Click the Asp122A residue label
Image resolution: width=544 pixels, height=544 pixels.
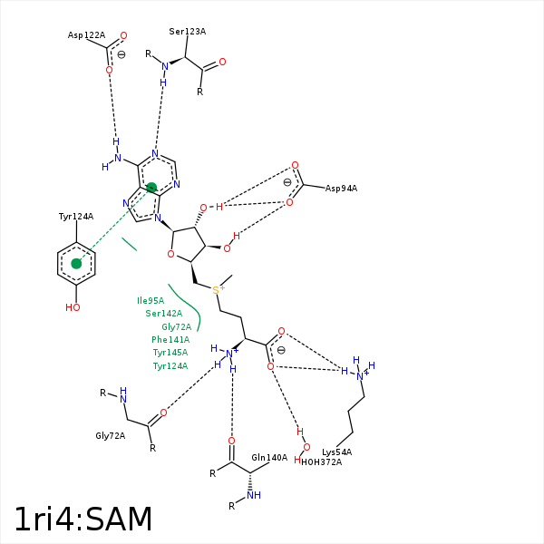86,35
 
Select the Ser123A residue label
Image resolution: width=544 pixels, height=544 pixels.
187,32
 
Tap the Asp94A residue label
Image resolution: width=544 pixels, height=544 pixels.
341,189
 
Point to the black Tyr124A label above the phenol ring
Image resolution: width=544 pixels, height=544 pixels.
76,217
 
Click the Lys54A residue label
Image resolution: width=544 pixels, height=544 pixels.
336,452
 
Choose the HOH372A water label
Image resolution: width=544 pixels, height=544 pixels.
322,462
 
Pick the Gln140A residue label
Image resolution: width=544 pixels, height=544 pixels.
269,458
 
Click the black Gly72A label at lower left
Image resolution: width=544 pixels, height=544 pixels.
111,436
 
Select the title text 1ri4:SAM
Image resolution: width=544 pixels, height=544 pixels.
83,520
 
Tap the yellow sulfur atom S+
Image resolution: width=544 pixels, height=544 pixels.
217,289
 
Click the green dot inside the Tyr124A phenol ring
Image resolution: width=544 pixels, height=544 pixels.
77,264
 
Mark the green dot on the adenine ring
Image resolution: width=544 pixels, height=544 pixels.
151,188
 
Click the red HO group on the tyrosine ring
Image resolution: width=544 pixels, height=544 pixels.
73,307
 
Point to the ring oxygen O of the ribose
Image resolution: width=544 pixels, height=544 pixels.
170,255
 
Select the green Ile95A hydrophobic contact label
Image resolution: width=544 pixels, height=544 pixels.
151,301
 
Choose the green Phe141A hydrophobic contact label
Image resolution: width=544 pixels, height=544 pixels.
170,340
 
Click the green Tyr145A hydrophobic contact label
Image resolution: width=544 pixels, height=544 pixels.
170,353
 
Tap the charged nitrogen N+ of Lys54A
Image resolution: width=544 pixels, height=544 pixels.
360,375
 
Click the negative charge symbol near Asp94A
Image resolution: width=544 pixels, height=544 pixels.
287,182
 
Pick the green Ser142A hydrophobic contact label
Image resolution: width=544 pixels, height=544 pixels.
163,314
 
